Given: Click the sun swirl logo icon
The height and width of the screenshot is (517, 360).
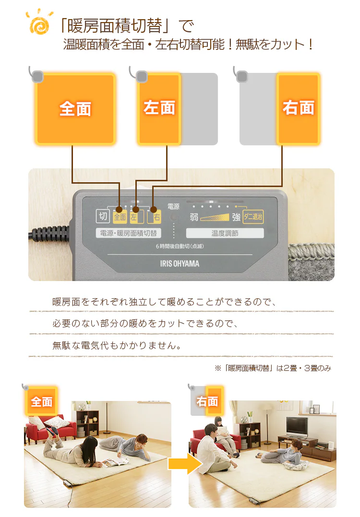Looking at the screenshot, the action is tap(39, 22).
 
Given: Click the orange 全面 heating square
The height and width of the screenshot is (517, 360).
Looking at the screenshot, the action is tap(75, 109).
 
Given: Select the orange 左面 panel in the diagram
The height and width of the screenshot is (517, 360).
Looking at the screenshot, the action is tap(159, 109).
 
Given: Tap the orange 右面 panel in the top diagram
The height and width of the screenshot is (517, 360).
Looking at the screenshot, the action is tap(298, 109).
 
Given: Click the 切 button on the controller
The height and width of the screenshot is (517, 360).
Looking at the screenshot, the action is tap(103, 216).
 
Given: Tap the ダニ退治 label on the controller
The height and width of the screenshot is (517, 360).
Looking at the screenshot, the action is tap(253, 217).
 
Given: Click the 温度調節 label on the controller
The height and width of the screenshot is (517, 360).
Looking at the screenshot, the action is tap(225, 233).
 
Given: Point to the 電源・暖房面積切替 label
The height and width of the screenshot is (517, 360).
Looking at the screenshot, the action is tap(128, 233).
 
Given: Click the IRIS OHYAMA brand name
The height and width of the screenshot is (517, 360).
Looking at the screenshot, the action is tap(180, 264).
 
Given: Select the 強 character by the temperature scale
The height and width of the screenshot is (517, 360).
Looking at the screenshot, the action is tap(236, 217).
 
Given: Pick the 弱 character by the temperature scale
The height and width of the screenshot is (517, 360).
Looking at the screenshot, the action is tap(194, 217).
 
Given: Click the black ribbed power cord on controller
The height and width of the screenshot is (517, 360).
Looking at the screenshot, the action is tap(49, 234).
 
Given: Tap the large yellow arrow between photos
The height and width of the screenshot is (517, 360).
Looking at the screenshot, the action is tap(185, 464).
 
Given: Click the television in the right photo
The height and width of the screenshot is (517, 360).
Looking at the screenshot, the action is tap(297, 427).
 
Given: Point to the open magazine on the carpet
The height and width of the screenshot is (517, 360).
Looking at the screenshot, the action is tap(115, 462).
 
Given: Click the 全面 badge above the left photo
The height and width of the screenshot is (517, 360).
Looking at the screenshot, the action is tap(42, 401).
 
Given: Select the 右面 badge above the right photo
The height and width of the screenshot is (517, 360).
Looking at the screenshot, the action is tap(207, 401).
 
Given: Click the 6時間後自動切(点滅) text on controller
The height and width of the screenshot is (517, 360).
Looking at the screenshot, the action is tap(180, 247).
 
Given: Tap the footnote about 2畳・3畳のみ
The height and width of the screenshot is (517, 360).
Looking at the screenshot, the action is tap(273, 368).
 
